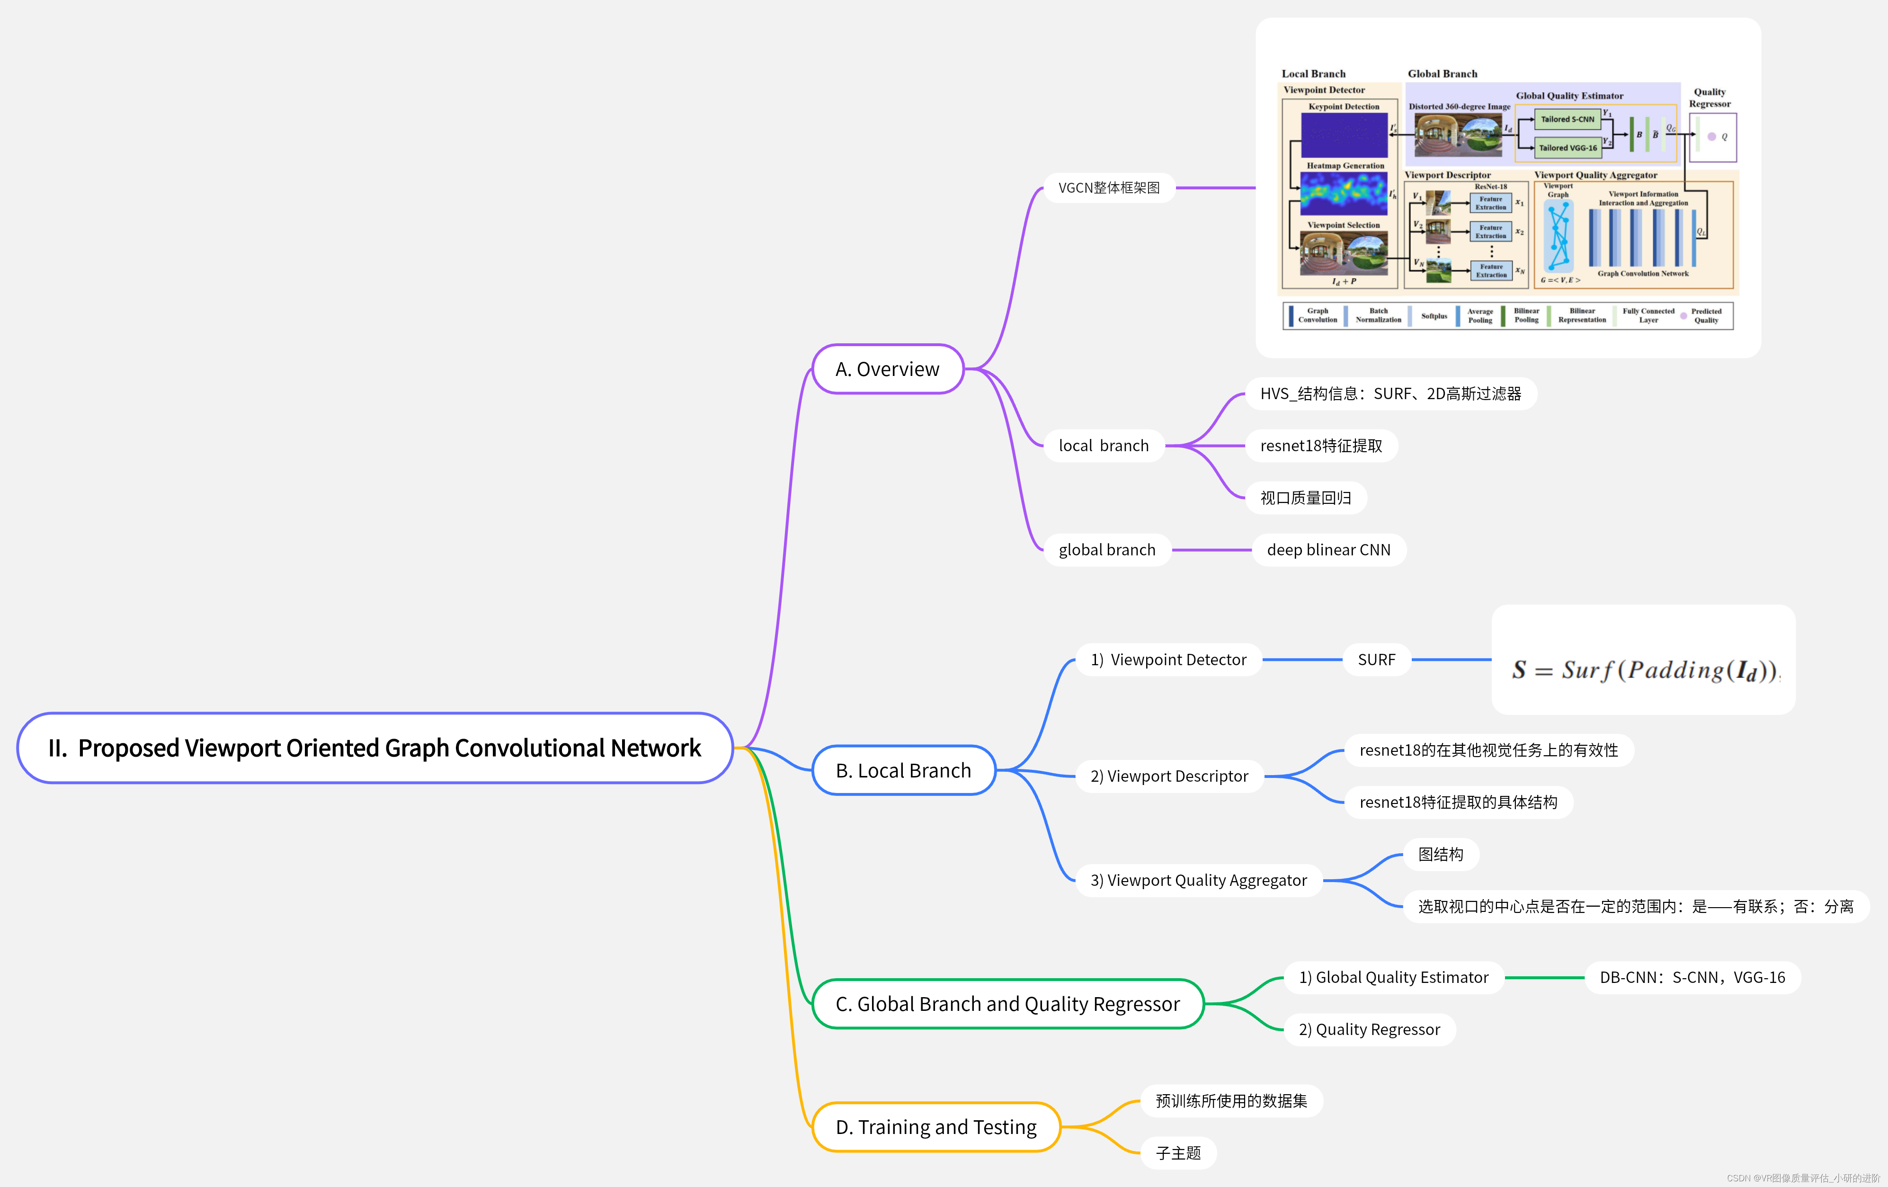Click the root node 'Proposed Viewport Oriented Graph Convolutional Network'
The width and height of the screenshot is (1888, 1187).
point(375,748)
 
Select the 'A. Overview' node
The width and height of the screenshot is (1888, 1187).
point(888,369)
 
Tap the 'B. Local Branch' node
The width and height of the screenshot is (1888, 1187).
point(903,771)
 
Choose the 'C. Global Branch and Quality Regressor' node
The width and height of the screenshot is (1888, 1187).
point(1007,1004)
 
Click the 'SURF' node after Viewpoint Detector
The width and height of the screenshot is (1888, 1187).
point(1376,660)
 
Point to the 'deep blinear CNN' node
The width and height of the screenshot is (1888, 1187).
point(1328,550)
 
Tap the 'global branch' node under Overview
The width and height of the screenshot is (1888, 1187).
point(1106,550)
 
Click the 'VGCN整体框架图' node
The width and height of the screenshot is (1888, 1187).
point(1109,188)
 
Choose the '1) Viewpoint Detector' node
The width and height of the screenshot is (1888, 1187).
point(1168,660)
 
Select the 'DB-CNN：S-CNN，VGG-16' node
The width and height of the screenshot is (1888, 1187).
point(1692,977)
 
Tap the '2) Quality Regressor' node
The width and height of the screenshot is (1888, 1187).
point(1369,1029)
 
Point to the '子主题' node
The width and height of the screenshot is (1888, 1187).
point(1178,1152)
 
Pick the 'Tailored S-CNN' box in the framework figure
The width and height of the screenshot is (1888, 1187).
point(1567,119)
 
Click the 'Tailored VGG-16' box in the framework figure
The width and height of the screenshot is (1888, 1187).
point(1567,147)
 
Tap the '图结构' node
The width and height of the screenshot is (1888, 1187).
point(1440,854)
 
